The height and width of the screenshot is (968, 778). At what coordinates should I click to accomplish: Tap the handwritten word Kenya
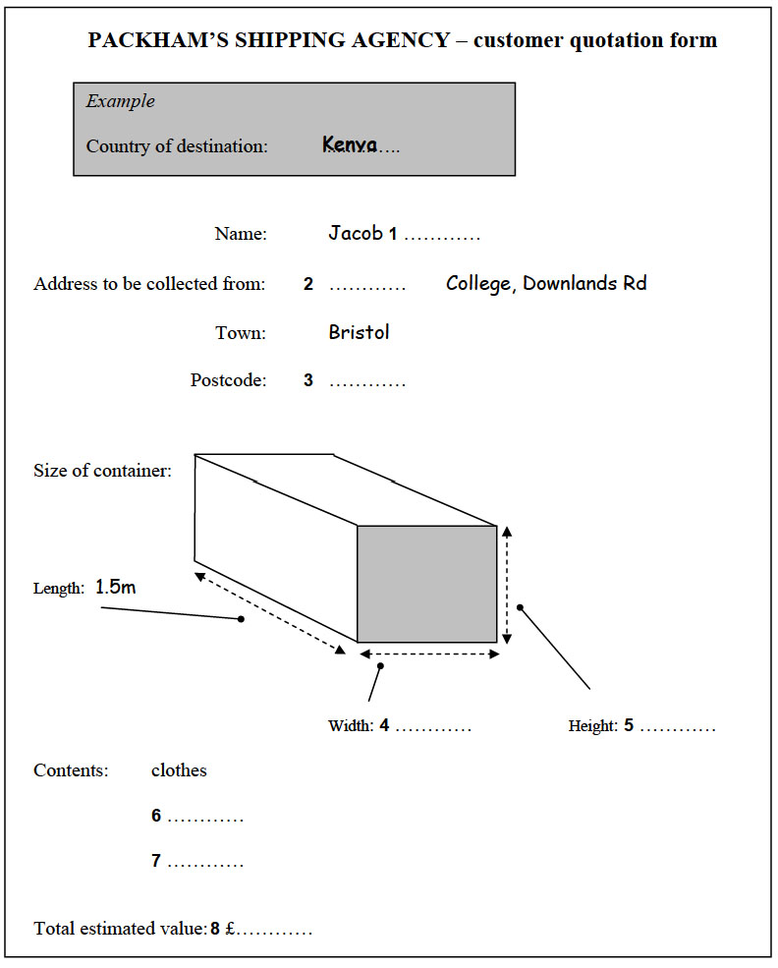pos(350,145)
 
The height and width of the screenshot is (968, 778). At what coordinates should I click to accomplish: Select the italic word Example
pos(120,101)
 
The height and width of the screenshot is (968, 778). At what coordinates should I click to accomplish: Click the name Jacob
pos(356,234)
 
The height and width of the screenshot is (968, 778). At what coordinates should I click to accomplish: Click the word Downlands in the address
pos(569,284)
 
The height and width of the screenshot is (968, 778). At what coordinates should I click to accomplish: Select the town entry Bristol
pos(359,332)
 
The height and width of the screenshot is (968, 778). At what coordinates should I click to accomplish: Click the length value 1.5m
pos(115,588)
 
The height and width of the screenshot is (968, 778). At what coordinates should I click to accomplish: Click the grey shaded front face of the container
pos(426,584)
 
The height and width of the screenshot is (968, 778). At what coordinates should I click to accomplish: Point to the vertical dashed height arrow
pos(507,585)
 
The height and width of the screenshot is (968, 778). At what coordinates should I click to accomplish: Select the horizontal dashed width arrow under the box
pos(429,654)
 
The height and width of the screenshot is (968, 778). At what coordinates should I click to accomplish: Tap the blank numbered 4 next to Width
pos(433,728)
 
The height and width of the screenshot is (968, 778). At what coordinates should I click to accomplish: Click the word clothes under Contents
pos(179,770)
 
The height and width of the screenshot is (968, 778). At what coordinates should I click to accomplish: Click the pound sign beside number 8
pos(229,929)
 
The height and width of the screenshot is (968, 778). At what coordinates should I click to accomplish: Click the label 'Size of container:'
pos(102,471)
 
